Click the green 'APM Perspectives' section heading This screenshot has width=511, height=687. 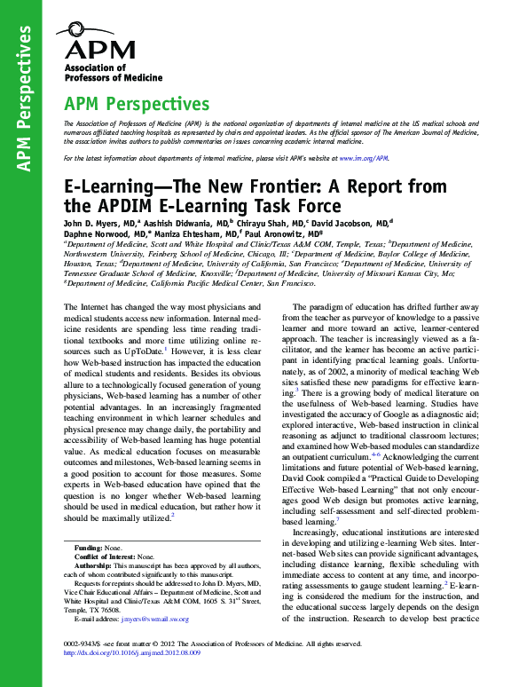pos(138,105)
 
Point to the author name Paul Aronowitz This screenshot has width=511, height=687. pos(286,235)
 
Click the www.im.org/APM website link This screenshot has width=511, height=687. pos(368,157)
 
